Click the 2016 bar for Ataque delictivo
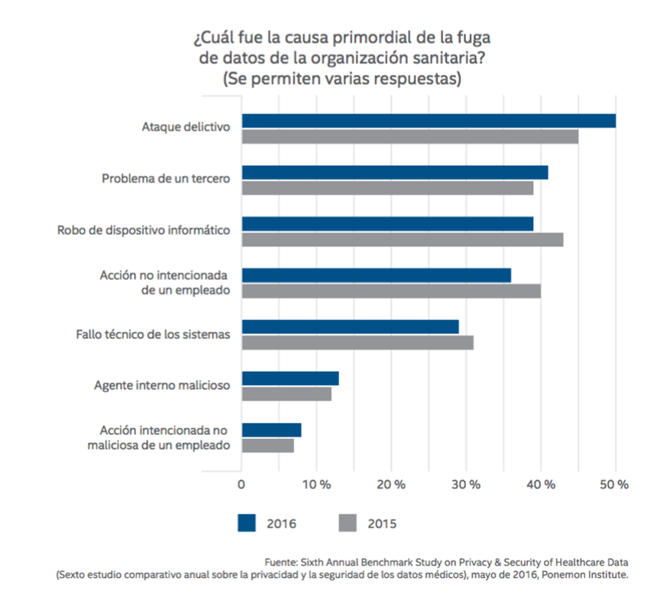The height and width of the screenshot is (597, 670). pyautogui.click(x=429, y=121)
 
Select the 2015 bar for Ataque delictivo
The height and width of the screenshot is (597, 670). pyautogui.click(x=410, y=137)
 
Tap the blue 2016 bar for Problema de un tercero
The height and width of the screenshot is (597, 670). pyautogui.click(x=395, y=173)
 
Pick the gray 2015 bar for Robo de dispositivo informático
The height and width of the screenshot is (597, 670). pyautogui.click(x=403, y=239)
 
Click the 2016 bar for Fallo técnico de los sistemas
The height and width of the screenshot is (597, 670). pyautogui.click(x=351, y=326)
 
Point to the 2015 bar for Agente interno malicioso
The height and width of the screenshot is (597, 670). pyautogui.click(x=286, y=394)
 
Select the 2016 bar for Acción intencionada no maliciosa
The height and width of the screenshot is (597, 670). pyautogui.click(x=271, y=430)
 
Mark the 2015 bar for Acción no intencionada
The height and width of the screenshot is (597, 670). pyautogui.click(x=391, y=291)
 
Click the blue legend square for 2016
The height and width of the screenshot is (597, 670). pyautogui.click(x=246, y=522)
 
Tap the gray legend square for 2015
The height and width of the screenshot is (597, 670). pyautogui.click(x=347, y=522)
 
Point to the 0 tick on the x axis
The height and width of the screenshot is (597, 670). pyautogui.click(x=241, y=484)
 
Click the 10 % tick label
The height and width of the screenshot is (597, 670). pyautogui.click(x=316, y=484)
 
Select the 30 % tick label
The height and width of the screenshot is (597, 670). pyautogui.click(x=466, y=484)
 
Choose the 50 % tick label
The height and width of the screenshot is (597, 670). pyautogui.click(x=616, y=484)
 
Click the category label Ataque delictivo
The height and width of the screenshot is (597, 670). pyautogui.click(x=186, y=128)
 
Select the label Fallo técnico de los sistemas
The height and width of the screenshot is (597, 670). pyautogui.click(x=153, y=334)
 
